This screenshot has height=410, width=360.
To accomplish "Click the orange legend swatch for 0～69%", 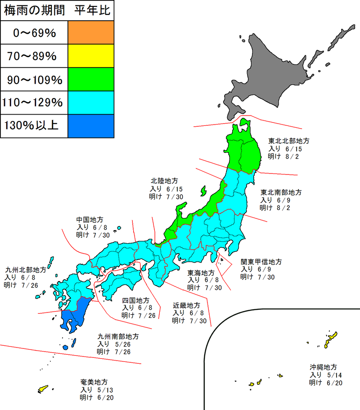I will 91,32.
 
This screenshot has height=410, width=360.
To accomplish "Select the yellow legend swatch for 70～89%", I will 91,56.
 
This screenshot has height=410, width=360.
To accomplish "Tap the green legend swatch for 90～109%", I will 91,80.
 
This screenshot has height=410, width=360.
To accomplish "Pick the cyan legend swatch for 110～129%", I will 91,103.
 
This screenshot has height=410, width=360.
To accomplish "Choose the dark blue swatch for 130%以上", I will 91,126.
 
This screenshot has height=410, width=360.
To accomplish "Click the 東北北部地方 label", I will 289,141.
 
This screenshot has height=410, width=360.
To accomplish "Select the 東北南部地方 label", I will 281,192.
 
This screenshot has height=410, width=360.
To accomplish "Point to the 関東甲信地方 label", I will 261,261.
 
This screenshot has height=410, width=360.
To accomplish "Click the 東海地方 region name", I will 201,272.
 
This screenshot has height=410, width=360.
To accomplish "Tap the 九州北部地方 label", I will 26,270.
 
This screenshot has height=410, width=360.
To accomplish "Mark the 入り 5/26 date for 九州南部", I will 114,343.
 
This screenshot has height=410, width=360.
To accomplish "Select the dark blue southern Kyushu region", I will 74,317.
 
